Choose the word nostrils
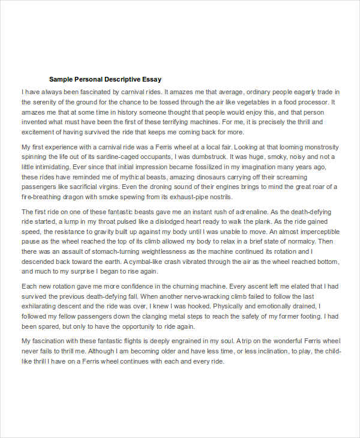click(217, 197)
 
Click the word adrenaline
click(244, 212)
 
